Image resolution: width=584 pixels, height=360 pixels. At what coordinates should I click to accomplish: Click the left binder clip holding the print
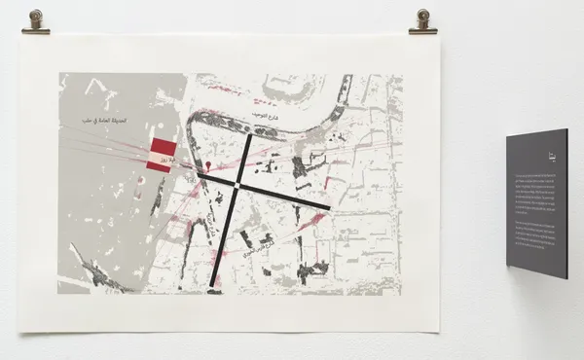[36, 22]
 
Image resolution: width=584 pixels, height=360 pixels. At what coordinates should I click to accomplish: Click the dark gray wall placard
[536, 203]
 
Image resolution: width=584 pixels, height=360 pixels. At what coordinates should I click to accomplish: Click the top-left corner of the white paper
[21, 36]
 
